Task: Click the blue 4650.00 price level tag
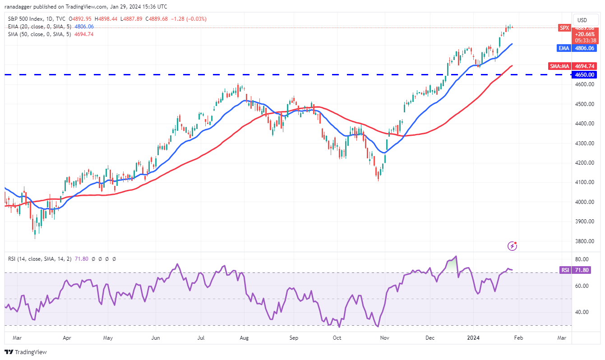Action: pyautogui.click(x=584, y=74)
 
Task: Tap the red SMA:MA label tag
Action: pyautogui.click(x=559, y=66)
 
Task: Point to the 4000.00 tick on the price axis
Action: pyautogui.click(x=584, y=202)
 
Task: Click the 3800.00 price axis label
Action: pyautogui.click(x=584, y=241)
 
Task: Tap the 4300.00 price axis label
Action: pyautogui.click(x=584, y=143)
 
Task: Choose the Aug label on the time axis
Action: pyautogui.click(x=244, y=337)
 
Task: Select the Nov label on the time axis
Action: pyautogui.click(x=385, y=337)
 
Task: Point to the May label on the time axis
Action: pyautogui.click(x=108, y=337)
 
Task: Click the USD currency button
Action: pyautogui.click(x=582, y=20)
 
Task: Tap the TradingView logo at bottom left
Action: pyautogui.click(x=26, y=352)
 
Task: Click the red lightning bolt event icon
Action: pyautogui.click(x=512, y=246)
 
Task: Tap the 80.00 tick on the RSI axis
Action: pyautogui.click(x=584, y=259)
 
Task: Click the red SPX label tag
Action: pyautogui.click(x=564, y=27)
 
